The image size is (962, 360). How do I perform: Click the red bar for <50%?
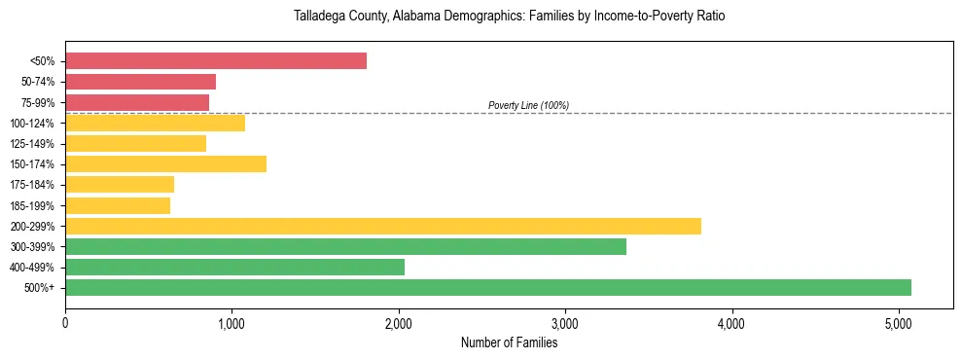(x=216, y=61)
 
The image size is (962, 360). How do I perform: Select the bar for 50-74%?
(x=140, y=82)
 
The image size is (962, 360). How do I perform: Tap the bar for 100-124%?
(x=155, y=123)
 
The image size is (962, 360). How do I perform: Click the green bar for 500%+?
(x=488, y=287)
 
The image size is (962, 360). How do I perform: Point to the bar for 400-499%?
(x=234, y=267)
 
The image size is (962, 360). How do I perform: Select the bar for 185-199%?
(x=118, y=205)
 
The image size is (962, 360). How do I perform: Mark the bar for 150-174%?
(x=165, y=163)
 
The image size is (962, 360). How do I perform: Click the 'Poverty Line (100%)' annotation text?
(x=528, y=105)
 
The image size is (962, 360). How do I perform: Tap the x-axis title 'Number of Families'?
(x=509, y=342)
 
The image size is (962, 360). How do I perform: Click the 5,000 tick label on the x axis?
(x=898, y=322)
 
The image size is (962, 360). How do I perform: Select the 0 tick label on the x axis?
(x=65, y=322)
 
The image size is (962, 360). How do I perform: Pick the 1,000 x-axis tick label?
(x=232, y=322)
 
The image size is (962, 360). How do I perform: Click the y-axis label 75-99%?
(x=38, y=102)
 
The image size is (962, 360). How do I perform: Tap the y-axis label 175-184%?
(x=33, y=185)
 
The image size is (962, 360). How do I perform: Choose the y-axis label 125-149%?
(x=33, y=144)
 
